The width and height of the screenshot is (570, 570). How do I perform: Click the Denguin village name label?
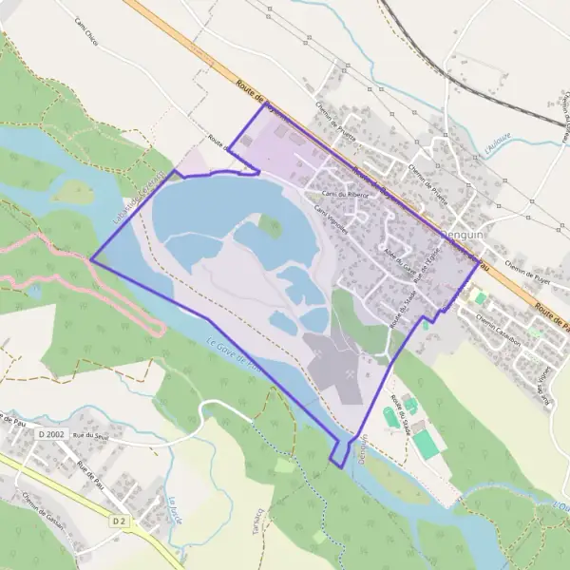tap(463, 233)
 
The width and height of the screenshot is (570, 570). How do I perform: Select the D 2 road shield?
tap(119, 521)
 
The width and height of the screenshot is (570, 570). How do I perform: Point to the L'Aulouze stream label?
tap(496, 144)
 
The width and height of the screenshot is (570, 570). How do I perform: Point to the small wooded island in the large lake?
tap(271, 226)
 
